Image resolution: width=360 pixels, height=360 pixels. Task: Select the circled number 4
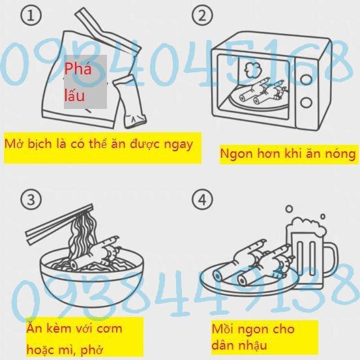205,200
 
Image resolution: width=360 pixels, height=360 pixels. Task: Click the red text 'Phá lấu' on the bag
79,81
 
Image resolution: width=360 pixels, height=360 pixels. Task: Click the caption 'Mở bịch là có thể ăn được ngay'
98,143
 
